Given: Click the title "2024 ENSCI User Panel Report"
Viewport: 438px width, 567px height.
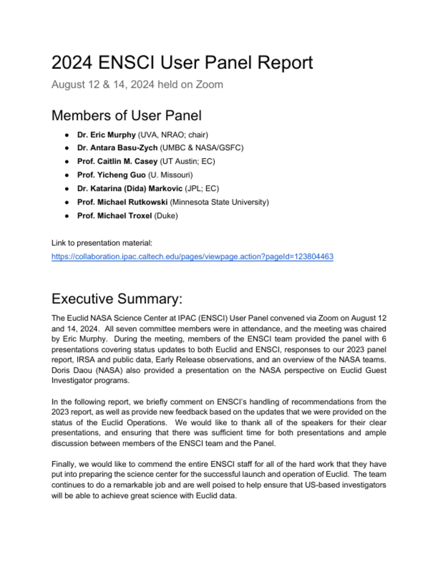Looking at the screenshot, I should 182,63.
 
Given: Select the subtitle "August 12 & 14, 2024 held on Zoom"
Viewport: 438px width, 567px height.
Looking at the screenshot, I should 137,84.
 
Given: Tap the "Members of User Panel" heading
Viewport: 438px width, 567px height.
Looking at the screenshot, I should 127,115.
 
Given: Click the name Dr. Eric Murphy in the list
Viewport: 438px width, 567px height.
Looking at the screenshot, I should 106,135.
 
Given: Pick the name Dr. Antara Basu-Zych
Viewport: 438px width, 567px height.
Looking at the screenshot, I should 117,148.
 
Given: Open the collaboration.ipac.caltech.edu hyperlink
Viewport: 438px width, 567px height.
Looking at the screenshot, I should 192,257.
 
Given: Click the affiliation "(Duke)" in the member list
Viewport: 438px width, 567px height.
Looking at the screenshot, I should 165,215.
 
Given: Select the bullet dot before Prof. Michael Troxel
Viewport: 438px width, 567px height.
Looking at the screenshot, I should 66,215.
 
